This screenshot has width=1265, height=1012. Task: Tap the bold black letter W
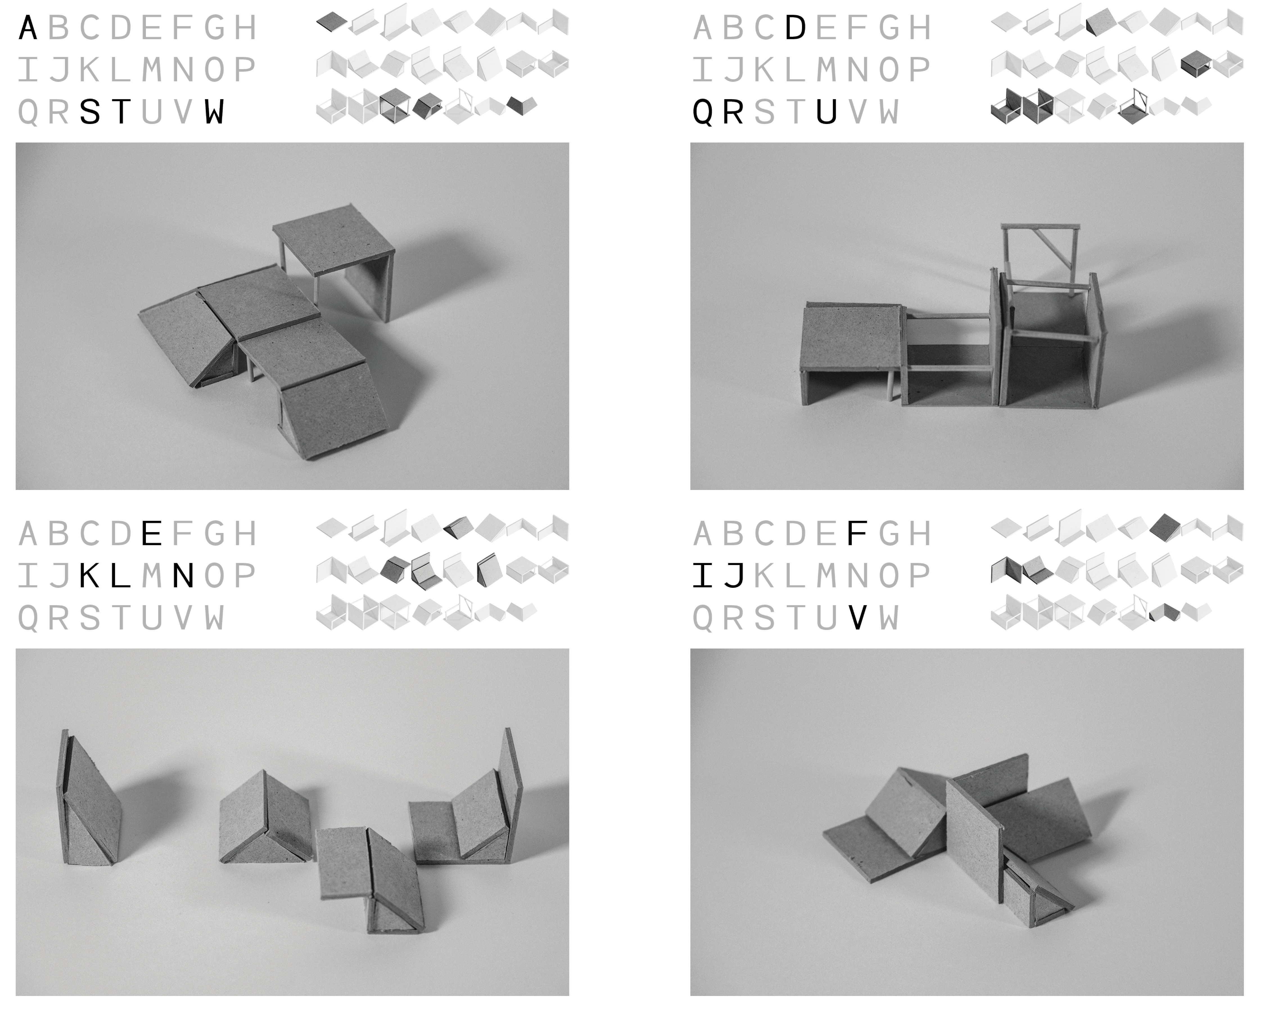[x=214, y=112]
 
